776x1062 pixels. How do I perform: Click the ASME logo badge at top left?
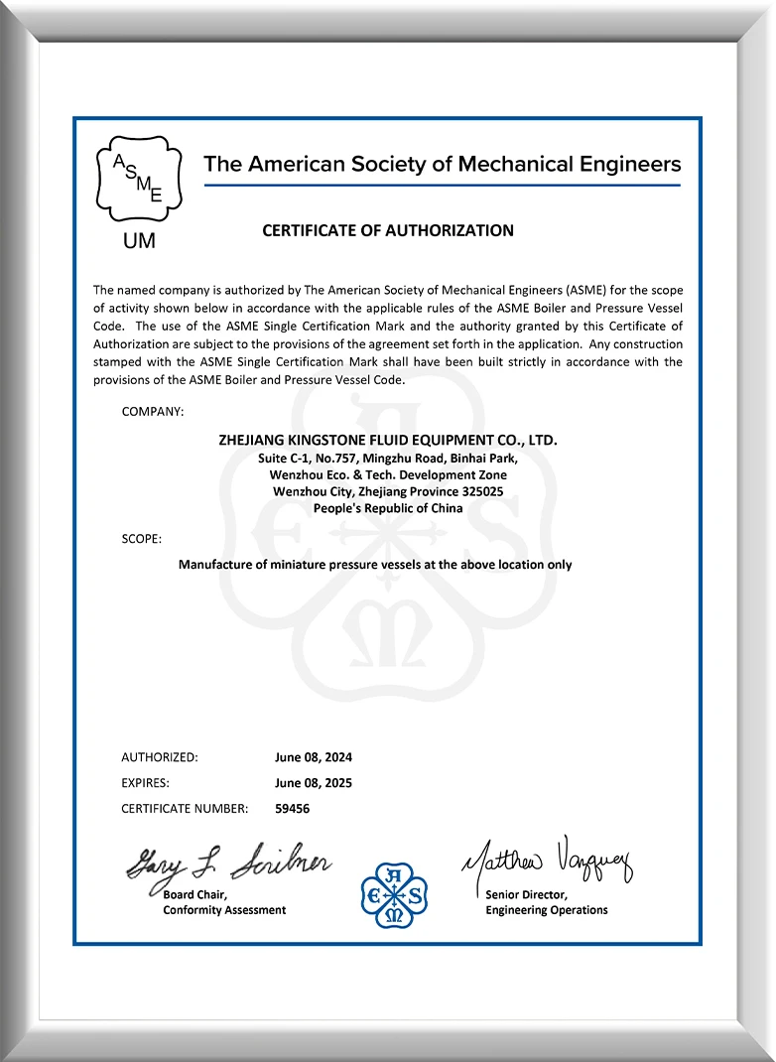coord(138,179)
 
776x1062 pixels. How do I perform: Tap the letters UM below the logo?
coord(138,241)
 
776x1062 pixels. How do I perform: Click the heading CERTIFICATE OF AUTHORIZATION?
coord(388,230)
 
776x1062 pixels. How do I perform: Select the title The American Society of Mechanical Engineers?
coord(443,164)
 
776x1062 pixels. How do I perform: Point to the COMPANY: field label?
coord(153,411)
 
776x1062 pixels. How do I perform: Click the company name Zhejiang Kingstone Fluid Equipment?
coord(388,440)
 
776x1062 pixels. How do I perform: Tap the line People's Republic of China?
coord(388,508)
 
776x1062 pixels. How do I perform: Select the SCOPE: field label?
coord(142,538)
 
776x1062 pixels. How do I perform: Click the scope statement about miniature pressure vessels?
coord(375,564)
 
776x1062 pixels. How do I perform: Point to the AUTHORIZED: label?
coord(160,756)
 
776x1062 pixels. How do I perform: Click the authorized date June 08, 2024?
coord(314,756)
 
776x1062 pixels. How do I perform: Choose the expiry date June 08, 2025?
coord(314,782)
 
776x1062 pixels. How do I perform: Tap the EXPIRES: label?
coord(146,782)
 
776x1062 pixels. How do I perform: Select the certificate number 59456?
coord(293,808)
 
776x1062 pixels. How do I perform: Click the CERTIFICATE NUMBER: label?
coord(185,808)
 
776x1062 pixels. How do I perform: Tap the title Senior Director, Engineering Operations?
coord(547,902)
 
